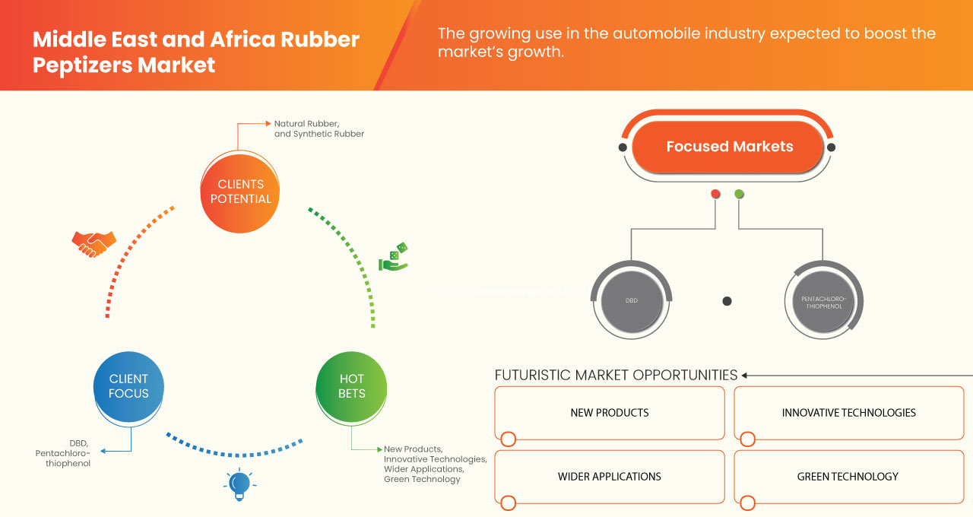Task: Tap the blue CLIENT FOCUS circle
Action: pyautogui.click(x=128, y=386)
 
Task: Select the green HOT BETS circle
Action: pyautogui.click(x=351, y=386)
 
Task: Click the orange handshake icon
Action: pyautogui.click(x=93, y=243)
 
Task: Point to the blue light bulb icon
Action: pyautogui.click(x=239, y=484)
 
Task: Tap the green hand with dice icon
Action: pyautogui.click(x=394, y=258)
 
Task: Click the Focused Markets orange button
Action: pyautogui.click(x=729, y=147)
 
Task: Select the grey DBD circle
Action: pyautogui.click(x=631, y=301)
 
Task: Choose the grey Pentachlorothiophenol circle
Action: pyautogui.click(x=823, y=302)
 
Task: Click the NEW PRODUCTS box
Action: pyautogui.click(x=610, y=413)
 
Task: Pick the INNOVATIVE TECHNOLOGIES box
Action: pyautogui.click(x=848, y=413)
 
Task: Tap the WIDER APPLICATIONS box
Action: pyautogui.click(x=610, y=477)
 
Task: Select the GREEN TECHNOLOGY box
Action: pyautogui.click(x=848, y=477)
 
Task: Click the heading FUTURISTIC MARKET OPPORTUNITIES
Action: pyautogui.click(x=616, y=375)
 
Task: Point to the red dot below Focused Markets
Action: pyautogui.click(x=715, y=194)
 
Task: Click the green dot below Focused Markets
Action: pyautogui.click(x=739, y=194)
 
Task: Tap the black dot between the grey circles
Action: pyautogui.click(x=727, y=301)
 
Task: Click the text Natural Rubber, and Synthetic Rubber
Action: pyautogui.click(x=319, y=128)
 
